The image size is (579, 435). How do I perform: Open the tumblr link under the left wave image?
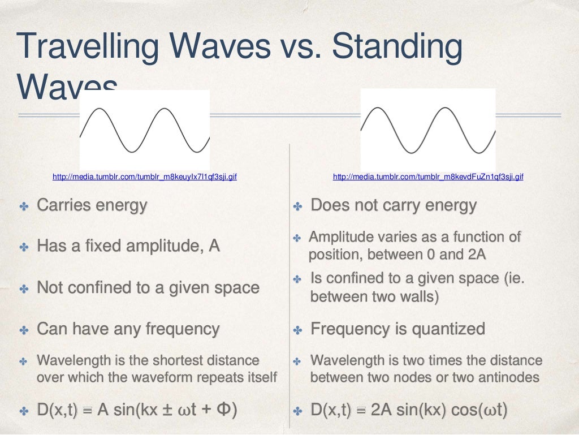[144, 177]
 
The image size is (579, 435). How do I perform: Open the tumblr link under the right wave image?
[428, 177]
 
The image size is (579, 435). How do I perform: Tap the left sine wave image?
[145, 130]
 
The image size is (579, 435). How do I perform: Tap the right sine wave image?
[428, 130]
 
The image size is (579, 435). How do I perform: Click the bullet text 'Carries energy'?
[92, 205]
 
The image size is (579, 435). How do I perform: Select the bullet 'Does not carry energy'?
[394, 205]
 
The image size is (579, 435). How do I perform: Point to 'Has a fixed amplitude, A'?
[128, 246]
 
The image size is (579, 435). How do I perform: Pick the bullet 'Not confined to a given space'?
[148, 287]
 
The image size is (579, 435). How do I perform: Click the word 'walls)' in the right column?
[420, 296]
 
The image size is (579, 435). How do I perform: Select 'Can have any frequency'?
[128, 329]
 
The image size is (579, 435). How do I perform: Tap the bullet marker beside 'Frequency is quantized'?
[299, 329]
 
